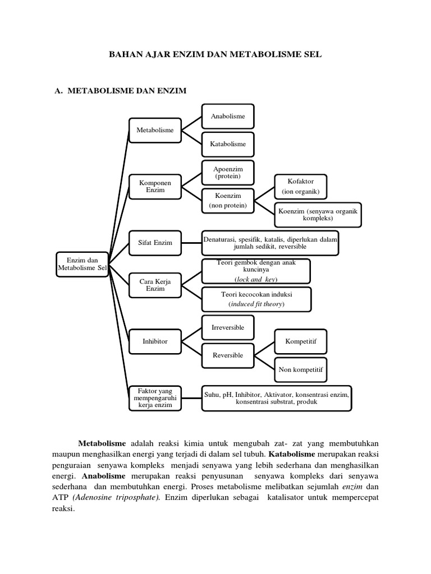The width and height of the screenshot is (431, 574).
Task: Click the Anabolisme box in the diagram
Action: tap(228, 117)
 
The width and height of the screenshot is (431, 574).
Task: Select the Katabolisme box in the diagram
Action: tap(228, 144)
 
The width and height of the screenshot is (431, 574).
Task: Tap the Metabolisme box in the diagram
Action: tap(155, 130)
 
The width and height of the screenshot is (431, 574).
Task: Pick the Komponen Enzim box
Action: tap(155, 187)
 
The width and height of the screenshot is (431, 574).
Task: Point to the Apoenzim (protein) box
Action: tap(228, 172)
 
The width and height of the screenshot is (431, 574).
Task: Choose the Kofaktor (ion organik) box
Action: tap(301, 186)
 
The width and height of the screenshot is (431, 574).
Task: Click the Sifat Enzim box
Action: tap(155, 243)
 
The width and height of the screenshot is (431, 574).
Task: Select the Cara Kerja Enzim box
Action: tap(155, 284)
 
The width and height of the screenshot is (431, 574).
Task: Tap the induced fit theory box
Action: tap(256, 299)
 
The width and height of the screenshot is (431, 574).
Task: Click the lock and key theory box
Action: tap(256, 271)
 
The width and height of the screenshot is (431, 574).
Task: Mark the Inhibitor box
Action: tap(155, 340)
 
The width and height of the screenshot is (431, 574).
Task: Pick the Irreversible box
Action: tap(228, 327)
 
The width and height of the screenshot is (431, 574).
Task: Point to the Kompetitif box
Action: tap(301, 340)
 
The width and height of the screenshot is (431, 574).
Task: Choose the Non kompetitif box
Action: tap(301, 369)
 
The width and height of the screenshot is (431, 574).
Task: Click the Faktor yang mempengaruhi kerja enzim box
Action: tap(155, 397)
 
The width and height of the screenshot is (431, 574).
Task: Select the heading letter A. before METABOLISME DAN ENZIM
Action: tap(55, 90)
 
